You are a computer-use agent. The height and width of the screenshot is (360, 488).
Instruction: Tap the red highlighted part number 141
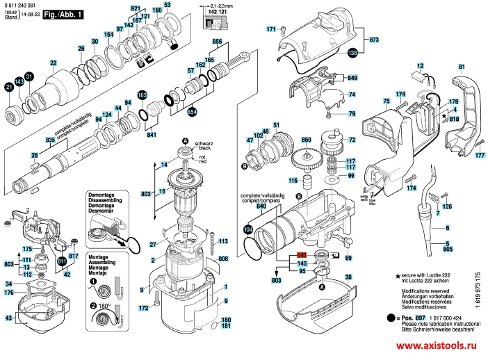pyautogui.click(x=302, y=256)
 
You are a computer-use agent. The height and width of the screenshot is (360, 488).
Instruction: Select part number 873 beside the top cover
pyautogui.click(x=374, y=40)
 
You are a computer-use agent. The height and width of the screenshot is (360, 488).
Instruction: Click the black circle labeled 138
pyautogui.click(x=352, y=52)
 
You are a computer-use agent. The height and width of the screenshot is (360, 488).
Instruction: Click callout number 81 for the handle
pyautogui.click(x=461, y=67)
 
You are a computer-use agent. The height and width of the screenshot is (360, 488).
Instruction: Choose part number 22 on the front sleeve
pyautogui.click(x=54, y=63)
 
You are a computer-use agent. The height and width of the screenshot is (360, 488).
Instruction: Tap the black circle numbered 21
pyautogui.click(x=9, y=88)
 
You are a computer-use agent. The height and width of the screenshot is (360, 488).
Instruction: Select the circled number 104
pyautogui.click(x=248, y=228)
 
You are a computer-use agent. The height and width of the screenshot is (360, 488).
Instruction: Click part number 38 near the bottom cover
pyautogui.click(x=348, y=276)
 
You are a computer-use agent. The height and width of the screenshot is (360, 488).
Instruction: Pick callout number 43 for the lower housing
pyautogui.click(x=9, y=318)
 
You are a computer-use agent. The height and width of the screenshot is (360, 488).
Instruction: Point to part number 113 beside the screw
pyautogui.click(x=223, y=241)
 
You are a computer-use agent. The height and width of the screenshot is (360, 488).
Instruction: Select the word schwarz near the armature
pyautogui.click(x=204, y=141)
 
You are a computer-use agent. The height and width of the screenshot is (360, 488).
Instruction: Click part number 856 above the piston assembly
pyautogui.click(x=216, y=42)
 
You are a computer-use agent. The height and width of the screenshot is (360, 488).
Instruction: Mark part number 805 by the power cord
pyautogui.click(x=448, y=247)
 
